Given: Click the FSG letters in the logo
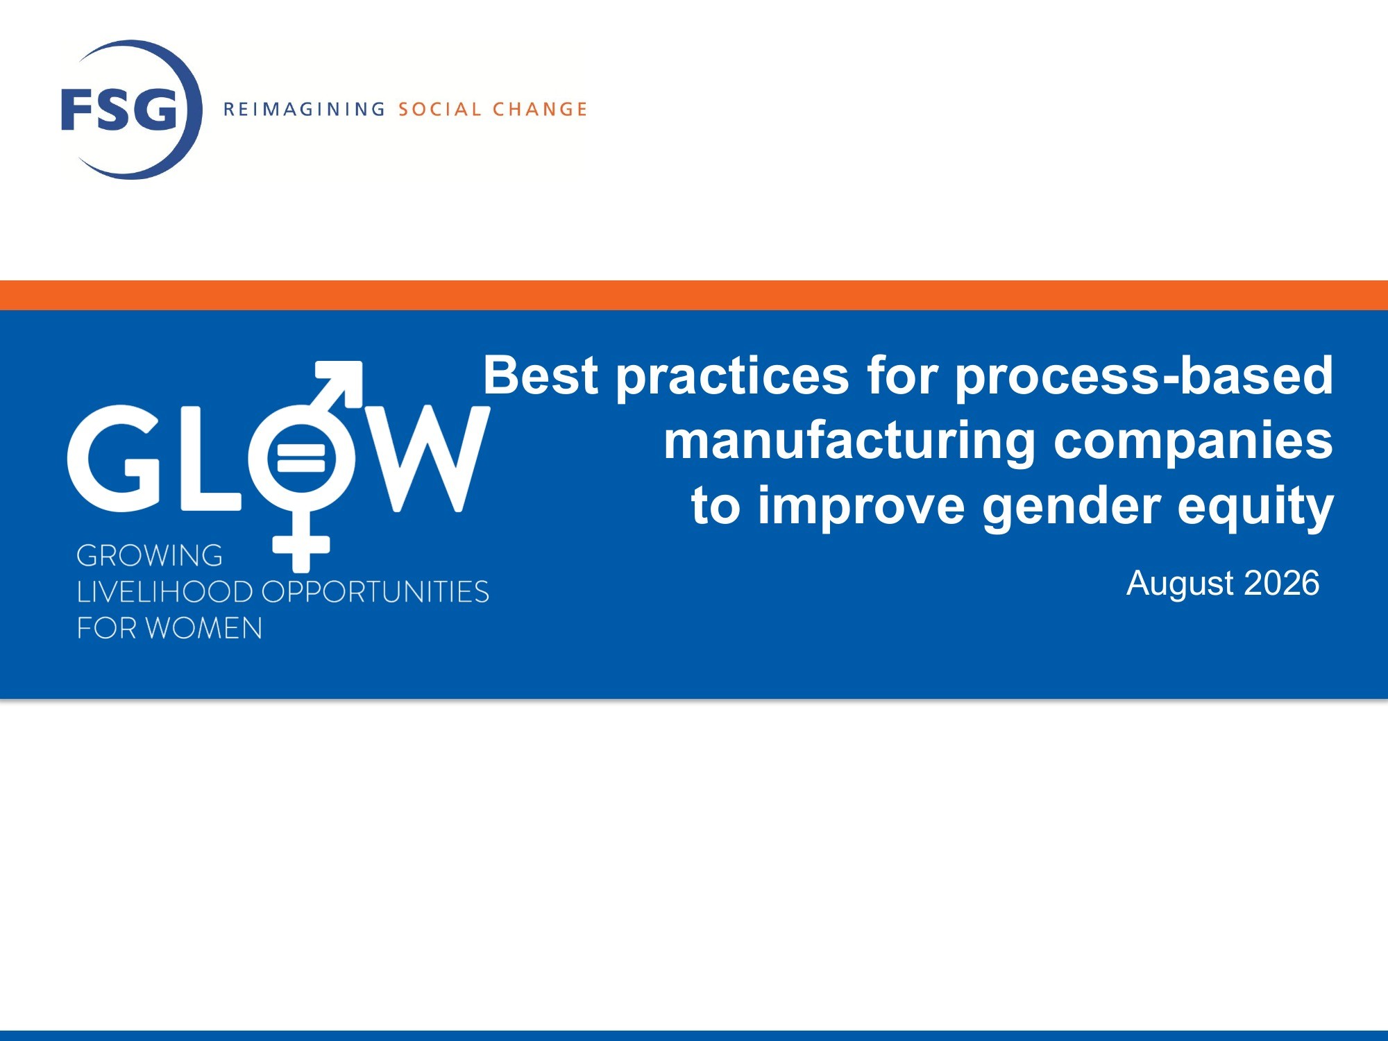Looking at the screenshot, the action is pos(119,110).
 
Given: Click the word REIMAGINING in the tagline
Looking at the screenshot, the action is pos(304,110).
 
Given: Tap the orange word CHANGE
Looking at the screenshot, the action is pos(540,110).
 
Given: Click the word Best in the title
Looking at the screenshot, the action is pos(541,375).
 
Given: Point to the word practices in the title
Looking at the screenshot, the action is pos(733,378).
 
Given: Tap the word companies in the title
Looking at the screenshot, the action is pos(1193,443).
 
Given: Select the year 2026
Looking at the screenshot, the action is pos(1282,583).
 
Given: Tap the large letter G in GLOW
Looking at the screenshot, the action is pos(115,459).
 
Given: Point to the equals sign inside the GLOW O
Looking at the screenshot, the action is pos(301,458).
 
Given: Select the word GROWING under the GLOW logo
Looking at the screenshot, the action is pos(150,556).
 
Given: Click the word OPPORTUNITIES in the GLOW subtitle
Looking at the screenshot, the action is pos(375,592).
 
